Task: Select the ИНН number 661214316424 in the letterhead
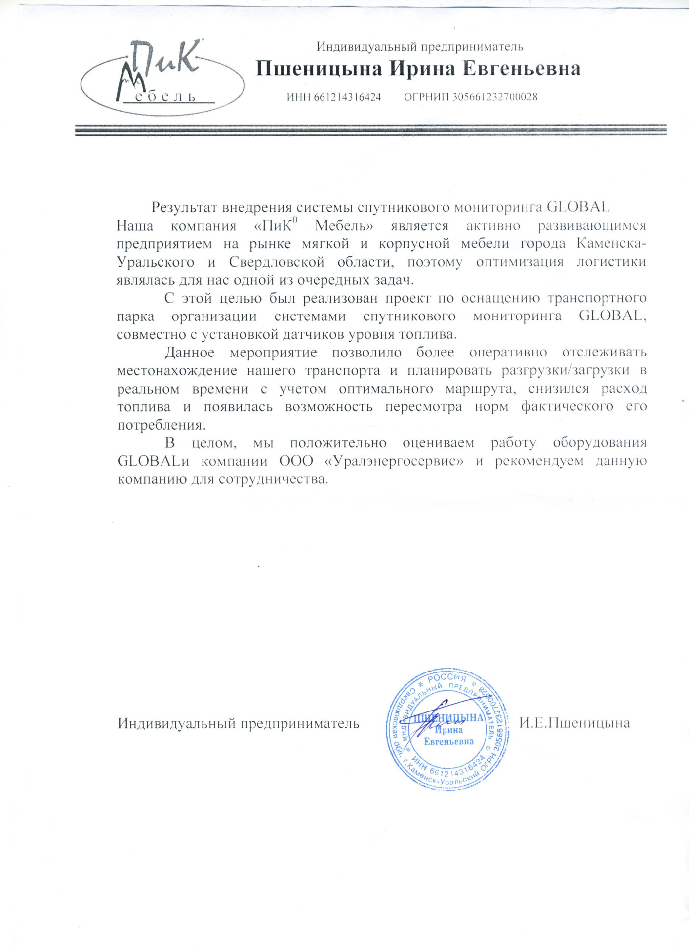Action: coord(347,97)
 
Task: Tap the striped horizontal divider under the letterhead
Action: coord(370,130)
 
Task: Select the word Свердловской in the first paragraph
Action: coord(277,262)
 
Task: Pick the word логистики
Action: coord(611,262)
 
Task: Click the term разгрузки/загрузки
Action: coord(566,370)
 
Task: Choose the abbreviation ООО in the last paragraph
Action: coord(296,461)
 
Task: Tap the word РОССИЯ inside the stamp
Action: coord(447,679)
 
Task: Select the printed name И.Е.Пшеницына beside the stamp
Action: coord(574,723)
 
